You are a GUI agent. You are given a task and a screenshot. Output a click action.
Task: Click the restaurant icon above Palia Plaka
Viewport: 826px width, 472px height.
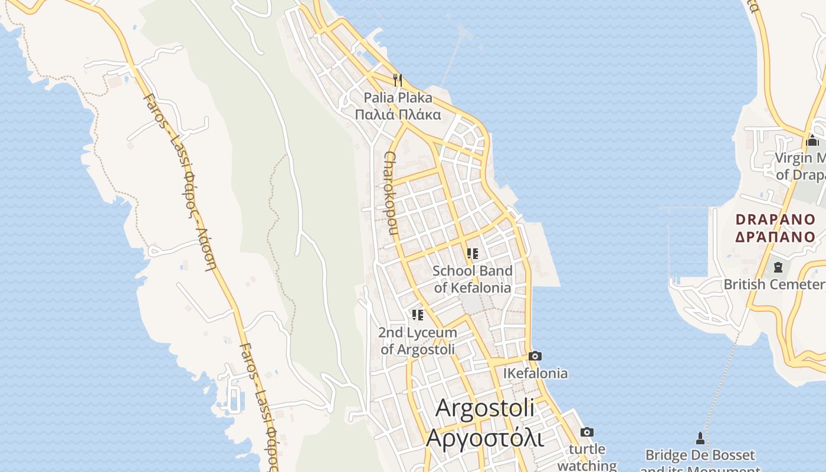[x=398, y=80]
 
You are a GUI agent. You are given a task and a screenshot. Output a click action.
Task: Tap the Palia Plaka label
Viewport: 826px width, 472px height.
[x=398, y=97]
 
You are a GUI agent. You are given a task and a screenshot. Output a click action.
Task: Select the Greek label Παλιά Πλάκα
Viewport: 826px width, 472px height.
[x=398, y=114]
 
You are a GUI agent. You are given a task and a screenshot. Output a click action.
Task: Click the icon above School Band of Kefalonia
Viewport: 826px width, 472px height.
[x=472, y=254]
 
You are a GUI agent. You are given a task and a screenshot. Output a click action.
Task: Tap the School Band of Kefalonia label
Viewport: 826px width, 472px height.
[x=472, y=279]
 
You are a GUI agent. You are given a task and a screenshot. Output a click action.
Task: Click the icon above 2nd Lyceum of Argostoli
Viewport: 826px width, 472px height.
[x=418, y=315]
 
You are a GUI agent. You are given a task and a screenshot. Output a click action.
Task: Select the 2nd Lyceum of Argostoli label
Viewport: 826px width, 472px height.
[x=418, y=341]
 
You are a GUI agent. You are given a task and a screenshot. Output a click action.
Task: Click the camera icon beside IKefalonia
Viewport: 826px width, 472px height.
[x=535, y=356]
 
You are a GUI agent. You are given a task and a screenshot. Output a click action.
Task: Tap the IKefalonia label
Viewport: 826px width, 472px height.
[x=535, y=373]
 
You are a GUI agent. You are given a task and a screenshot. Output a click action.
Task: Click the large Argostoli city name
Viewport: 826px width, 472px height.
[x=485, y=408]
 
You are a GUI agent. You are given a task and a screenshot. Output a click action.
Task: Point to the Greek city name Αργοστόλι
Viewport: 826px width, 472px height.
[x=485, y=438]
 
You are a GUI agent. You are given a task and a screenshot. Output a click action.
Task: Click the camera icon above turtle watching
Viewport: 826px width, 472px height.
[x=586, y=432]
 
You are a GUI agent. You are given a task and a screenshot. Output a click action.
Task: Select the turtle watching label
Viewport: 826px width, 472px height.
[x=587, y=457]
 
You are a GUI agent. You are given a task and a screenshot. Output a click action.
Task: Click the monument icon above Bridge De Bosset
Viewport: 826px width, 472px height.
[x=700, y=438]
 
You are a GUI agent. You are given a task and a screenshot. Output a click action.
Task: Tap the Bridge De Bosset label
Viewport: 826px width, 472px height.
[x=700, y=455]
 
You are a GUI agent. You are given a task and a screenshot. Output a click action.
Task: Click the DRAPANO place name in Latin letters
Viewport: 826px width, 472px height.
[x=775, y=220]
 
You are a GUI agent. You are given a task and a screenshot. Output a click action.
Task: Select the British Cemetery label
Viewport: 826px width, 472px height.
[x=774, y=284]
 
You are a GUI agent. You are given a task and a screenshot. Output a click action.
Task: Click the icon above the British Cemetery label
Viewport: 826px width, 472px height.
[x=778, y=267]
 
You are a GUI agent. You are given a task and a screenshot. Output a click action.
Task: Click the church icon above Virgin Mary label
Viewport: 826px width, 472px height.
[x=812, y=140]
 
